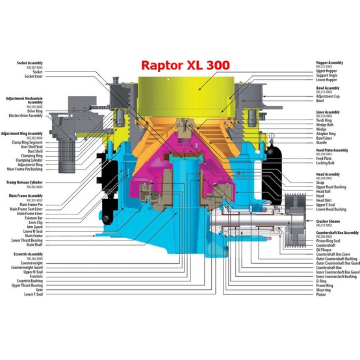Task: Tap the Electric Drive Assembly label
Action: point(27,115)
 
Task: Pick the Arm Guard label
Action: point(34,227)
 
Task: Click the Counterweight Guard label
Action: point(29,267)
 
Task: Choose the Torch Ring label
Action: point(324,122)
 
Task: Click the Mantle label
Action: point(322,143)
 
